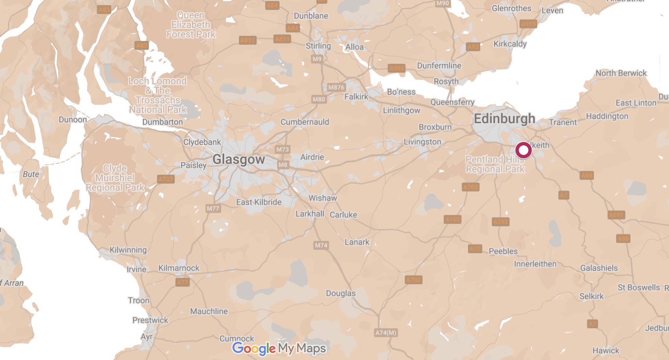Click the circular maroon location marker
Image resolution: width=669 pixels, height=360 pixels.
point(523,150)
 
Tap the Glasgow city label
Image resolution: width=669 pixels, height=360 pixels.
point(239,159)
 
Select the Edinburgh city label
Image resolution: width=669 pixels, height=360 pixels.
point(504,119)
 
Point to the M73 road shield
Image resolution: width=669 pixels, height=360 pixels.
point(283,149)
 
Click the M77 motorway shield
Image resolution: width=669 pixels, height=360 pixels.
point(213,208)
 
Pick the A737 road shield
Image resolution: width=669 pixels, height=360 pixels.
point(166,179)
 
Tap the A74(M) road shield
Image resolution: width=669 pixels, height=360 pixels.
point(386,333)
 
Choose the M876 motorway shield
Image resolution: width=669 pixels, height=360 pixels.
point(336,87)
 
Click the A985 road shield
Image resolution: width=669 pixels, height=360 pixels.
point(397,68)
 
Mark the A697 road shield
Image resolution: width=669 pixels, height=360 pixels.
point(616,215)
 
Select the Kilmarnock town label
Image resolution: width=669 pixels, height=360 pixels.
point(179,268)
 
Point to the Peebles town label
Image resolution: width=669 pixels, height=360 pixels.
point(503,251)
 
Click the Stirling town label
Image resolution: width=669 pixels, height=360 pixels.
point(318,46)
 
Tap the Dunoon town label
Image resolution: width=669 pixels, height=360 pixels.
point(73,120)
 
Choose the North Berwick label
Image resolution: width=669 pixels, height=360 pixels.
point(621,73)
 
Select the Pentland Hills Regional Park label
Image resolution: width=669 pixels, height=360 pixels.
point(495,164)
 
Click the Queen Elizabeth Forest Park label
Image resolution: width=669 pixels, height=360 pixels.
point(191,25)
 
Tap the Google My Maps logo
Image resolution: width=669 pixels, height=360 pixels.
point(279,348)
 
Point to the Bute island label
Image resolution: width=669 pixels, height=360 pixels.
point(31,174)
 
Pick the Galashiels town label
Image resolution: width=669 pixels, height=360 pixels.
point(599,268)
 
